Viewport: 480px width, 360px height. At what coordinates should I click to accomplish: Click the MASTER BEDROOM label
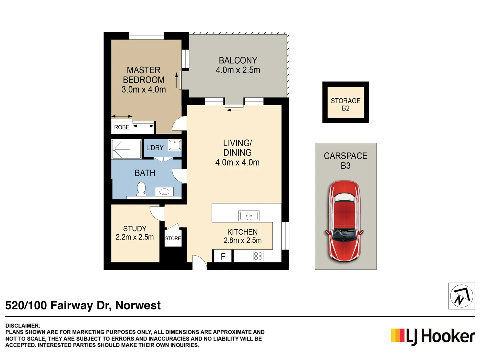(143, 75)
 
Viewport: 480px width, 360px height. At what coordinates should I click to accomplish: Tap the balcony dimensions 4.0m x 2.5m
(238, 70)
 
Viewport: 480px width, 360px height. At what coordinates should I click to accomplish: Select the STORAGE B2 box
(345, 102)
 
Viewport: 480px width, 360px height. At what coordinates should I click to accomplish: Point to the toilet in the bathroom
(141, 188)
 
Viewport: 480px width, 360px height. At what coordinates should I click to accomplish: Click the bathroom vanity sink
(164, 192)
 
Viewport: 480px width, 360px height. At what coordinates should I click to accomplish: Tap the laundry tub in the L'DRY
(175, 145)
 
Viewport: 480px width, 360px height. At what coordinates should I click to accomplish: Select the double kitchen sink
(249, 216)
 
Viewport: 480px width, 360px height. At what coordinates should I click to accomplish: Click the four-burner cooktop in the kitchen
(258, 256)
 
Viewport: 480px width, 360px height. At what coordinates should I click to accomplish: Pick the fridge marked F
(223, 256)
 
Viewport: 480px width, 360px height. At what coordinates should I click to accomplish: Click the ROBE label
(122, 127)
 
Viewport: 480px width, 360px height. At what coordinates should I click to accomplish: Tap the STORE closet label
(173, 238)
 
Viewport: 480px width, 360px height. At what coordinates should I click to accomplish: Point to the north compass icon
(461, 296)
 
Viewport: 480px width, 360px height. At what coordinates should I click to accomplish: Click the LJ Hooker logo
(433, 336)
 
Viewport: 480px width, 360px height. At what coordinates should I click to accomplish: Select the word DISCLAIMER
(23, 326)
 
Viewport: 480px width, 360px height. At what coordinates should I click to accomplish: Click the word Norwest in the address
(138, 305)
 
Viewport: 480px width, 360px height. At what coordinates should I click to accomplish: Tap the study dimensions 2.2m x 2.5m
(135, 237)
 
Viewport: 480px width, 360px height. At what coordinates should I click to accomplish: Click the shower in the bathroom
(126, 149)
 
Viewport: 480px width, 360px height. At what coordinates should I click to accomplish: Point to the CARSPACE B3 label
(345, 161)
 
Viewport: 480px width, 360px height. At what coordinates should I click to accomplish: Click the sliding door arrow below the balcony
(234, 109)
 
